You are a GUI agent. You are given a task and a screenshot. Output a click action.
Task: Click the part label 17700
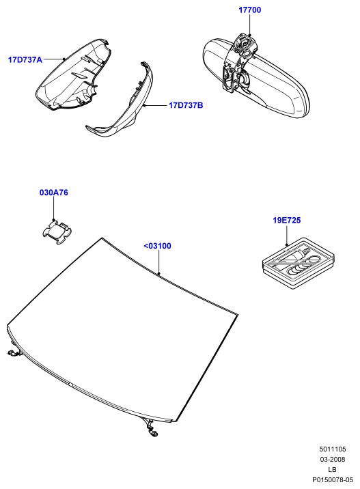pos(249,10)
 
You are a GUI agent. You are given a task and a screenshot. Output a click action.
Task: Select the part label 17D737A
pos(25,59)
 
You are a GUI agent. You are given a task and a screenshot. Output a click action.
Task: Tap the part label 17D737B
pos(186,105)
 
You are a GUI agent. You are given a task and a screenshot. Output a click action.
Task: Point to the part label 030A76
pos(54,193)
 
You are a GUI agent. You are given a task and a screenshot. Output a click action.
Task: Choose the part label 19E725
pos(287,220)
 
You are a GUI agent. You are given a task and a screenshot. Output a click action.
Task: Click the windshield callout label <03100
pos(158,246)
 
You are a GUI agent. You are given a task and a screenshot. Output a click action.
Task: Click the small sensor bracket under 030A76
pos(57,232)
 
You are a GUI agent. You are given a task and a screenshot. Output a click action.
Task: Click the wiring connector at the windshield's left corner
pos(13,352)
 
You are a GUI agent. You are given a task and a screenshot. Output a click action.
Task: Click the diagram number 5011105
pos(333,449)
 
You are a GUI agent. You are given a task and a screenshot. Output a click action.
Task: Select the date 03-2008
pos(333,459)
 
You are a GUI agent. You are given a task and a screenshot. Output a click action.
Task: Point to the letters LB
pos(333,469)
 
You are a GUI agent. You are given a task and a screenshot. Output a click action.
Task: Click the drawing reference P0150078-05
pos(333,479)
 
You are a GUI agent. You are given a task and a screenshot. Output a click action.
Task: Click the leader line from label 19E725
pos(286,235)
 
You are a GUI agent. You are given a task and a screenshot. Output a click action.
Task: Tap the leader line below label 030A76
pos(54,208)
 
